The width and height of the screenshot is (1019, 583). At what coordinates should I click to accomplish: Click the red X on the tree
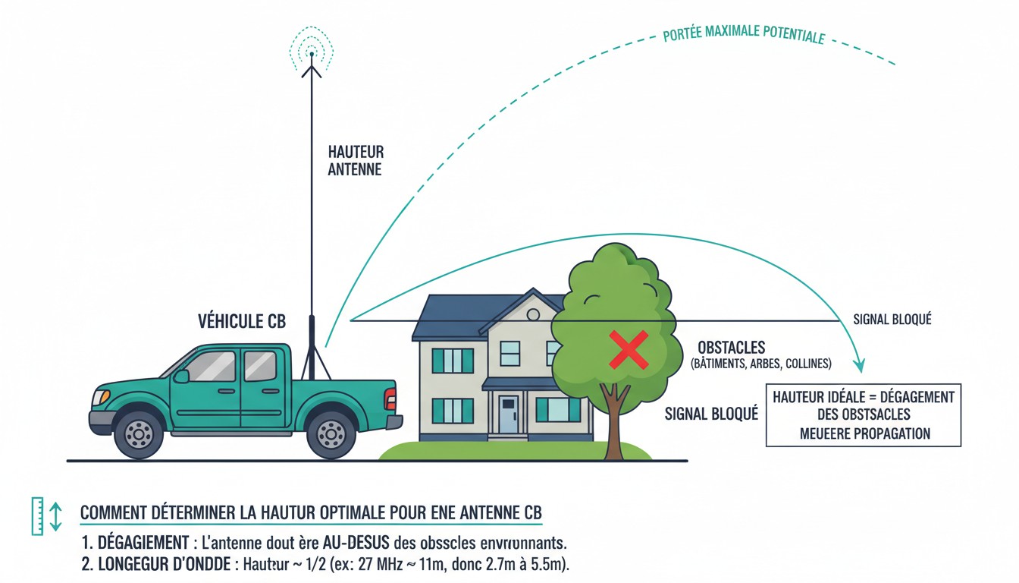tap(629, 350)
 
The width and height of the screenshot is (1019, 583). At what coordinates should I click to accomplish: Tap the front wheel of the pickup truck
tap(140, 433)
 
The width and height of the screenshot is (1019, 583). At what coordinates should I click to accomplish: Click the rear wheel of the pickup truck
tap(331, 433)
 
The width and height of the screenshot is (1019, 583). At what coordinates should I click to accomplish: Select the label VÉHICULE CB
tap(241, 322)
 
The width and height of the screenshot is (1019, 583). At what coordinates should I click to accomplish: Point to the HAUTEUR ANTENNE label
tap(356, 161)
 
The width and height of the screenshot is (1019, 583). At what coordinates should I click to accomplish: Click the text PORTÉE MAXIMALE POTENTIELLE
tap(743, 35)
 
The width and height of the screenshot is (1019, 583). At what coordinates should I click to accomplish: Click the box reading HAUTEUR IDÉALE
tap(864, 415)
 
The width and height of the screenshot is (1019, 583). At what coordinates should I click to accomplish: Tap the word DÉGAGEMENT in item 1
tap(143, 544)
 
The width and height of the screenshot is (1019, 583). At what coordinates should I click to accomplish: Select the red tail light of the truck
tap(390, 399)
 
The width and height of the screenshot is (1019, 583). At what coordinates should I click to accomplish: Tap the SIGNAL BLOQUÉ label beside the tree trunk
tap(711, 414)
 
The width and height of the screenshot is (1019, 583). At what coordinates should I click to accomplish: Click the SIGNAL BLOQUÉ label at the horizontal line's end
tap(892, 320)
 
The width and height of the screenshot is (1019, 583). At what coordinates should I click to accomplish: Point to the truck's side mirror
tap(181, 376)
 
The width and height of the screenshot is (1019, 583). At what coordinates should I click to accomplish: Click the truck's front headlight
tap(101, 397)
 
